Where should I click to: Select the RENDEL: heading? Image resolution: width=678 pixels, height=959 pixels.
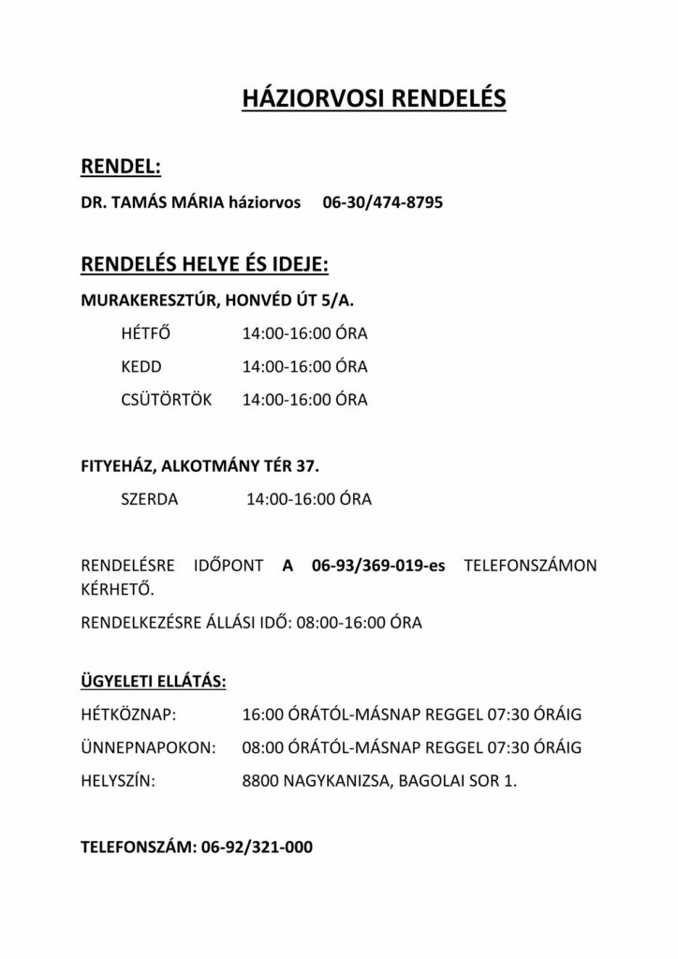pos(122,166)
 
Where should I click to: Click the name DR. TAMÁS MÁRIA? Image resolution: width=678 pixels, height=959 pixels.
pos(153,201)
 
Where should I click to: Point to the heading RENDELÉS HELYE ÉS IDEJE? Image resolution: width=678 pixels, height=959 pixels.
pos(205,266)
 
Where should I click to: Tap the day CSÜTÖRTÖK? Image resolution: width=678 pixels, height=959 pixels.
pos(167,400)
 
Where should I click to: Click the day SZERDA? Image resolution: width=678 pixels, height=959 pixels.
pos(150,499)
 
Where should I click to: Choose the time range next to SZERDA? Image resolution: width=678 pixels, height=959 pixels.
pos(309,499)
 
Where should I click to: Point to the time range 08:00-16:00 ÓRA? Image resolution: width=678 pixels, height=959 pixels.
pos(359,622)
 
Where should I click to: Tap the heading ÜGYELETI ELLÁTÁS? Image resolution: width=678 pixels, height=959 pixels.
pos(154,681)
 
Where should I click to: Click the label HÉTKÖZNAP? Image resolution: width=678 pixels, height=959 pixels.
pos(129,716)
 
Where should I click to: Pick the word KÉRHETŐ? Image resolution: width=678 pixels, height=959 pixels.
pos(117,590)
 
